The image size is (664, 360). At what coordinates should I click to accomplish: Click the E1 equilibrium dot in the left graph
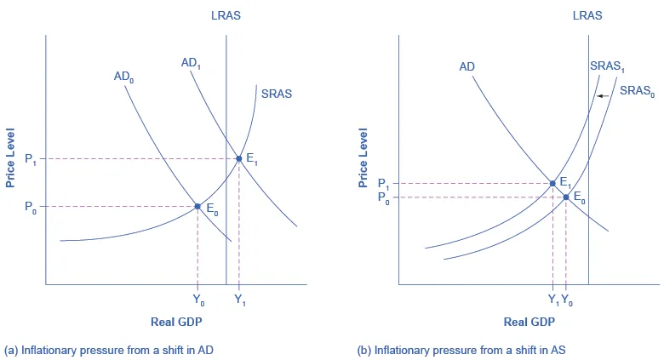[239, 158]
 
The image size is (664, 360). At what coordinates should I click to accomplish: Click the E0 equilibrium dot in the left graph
[197, 206]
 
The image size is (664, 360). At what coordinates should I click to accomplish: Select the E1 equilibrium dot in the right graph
[552, 183]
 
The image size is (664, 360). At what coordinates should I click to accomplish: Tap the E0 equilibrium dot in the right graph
[566, 197]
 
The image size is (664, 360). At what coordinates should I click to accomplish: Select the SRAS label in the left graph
[277, 94]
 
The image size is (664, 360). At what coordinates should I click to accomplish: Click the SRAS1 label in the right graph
[607, 66]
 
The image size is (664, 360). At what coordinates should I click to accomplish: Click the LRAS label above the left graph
[226, 14]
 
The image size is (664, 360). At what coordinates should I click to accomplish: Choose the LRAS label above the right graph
[588, 14]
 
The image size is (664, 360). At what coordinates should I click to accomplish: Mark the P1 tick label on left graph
[30, 159]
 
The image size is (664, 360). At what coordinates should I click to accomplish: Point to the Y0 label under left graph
[197, 300]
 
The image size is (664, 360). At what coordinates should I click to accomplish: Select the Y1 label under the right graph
[552, 300]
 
